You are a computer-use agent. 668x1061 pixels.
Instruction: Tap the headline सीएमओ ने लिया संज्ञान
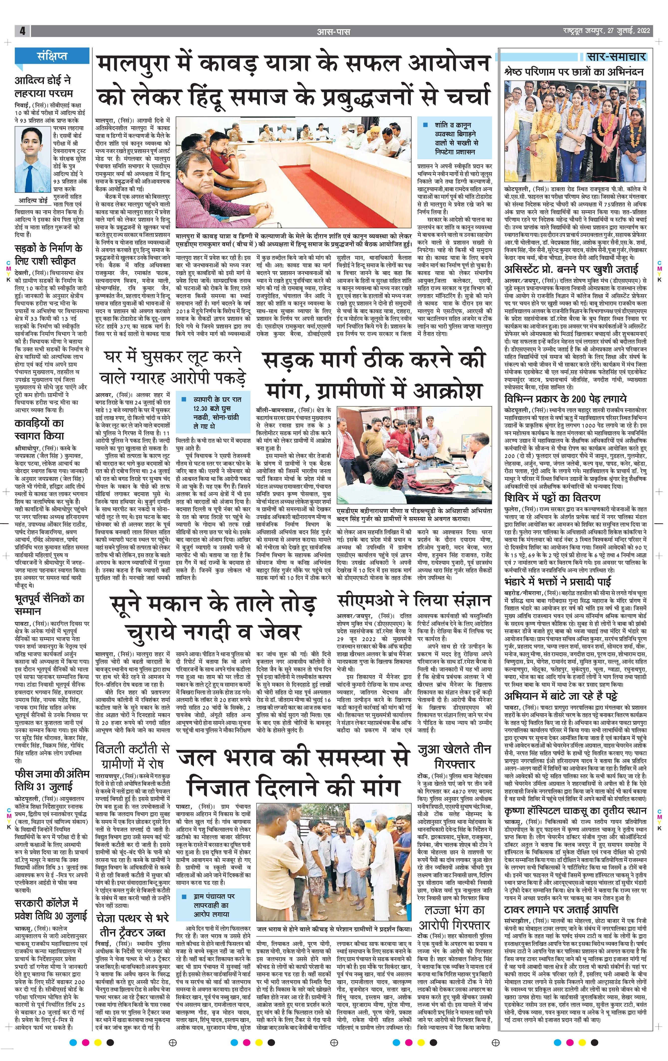click(414, 600)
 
